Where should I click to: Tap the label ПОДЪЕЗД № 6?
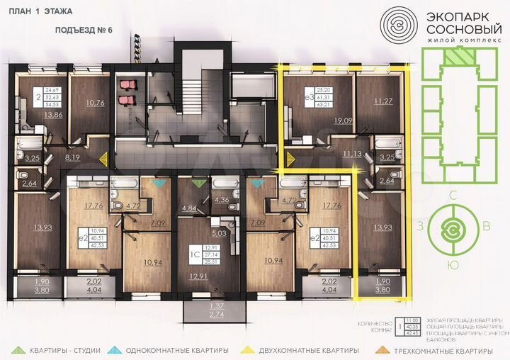tap(84, 31)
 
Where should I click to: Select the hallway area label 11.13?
tap(353, 152)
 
